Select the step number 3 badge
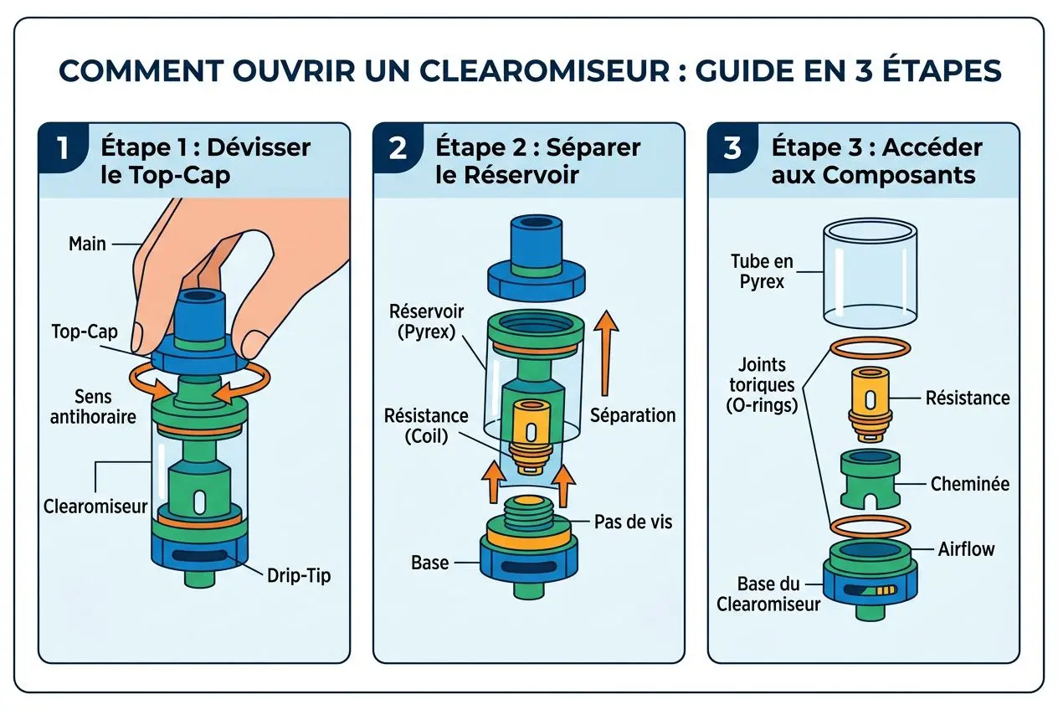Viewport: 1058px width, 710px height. (x=732, y=148)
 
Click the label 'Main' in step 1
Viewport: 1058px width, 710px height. (x=87, y=244)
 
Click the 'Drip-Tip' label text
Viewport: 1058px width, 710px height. (x=299, y=576)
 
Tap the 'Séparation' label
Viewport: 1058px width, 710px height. (x=632, y=414)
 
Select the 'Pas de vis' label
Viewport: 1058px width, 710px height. (x=633, y=522)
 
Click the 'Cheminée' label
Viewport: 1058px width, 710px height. (x=969, y=484)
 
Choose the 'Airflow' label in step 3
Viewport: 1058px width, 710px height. (x=966, y=549)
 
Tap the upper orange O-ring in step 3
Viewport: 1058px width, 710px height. (x=870, y=349)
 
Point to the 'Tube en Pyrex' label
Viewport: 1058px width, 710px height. (x=761, y=272)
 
